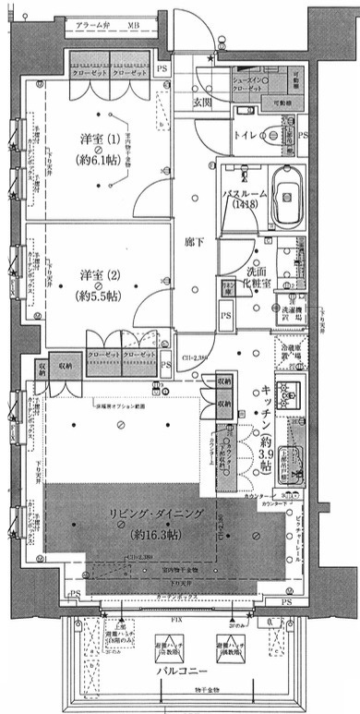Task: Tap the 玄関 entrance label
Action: pos(202,103)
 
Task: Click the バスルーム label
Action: pos(246,195)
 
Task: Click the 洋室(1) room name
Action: pos(99,139)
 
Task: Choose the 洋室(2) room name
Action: pos(98,274)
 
